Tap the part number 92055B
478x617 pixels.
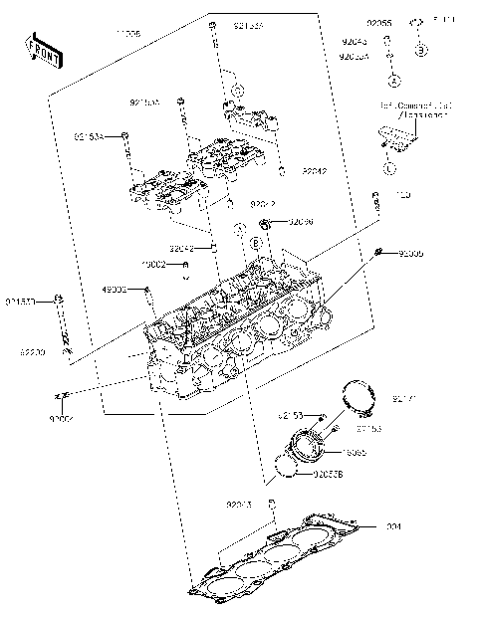328,475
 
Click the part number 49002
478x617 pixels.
116,289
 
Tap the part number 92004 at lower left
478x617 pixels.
62,421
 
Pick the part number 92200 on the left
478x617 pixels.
33,352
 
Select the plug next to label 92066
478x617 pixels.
266,222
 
